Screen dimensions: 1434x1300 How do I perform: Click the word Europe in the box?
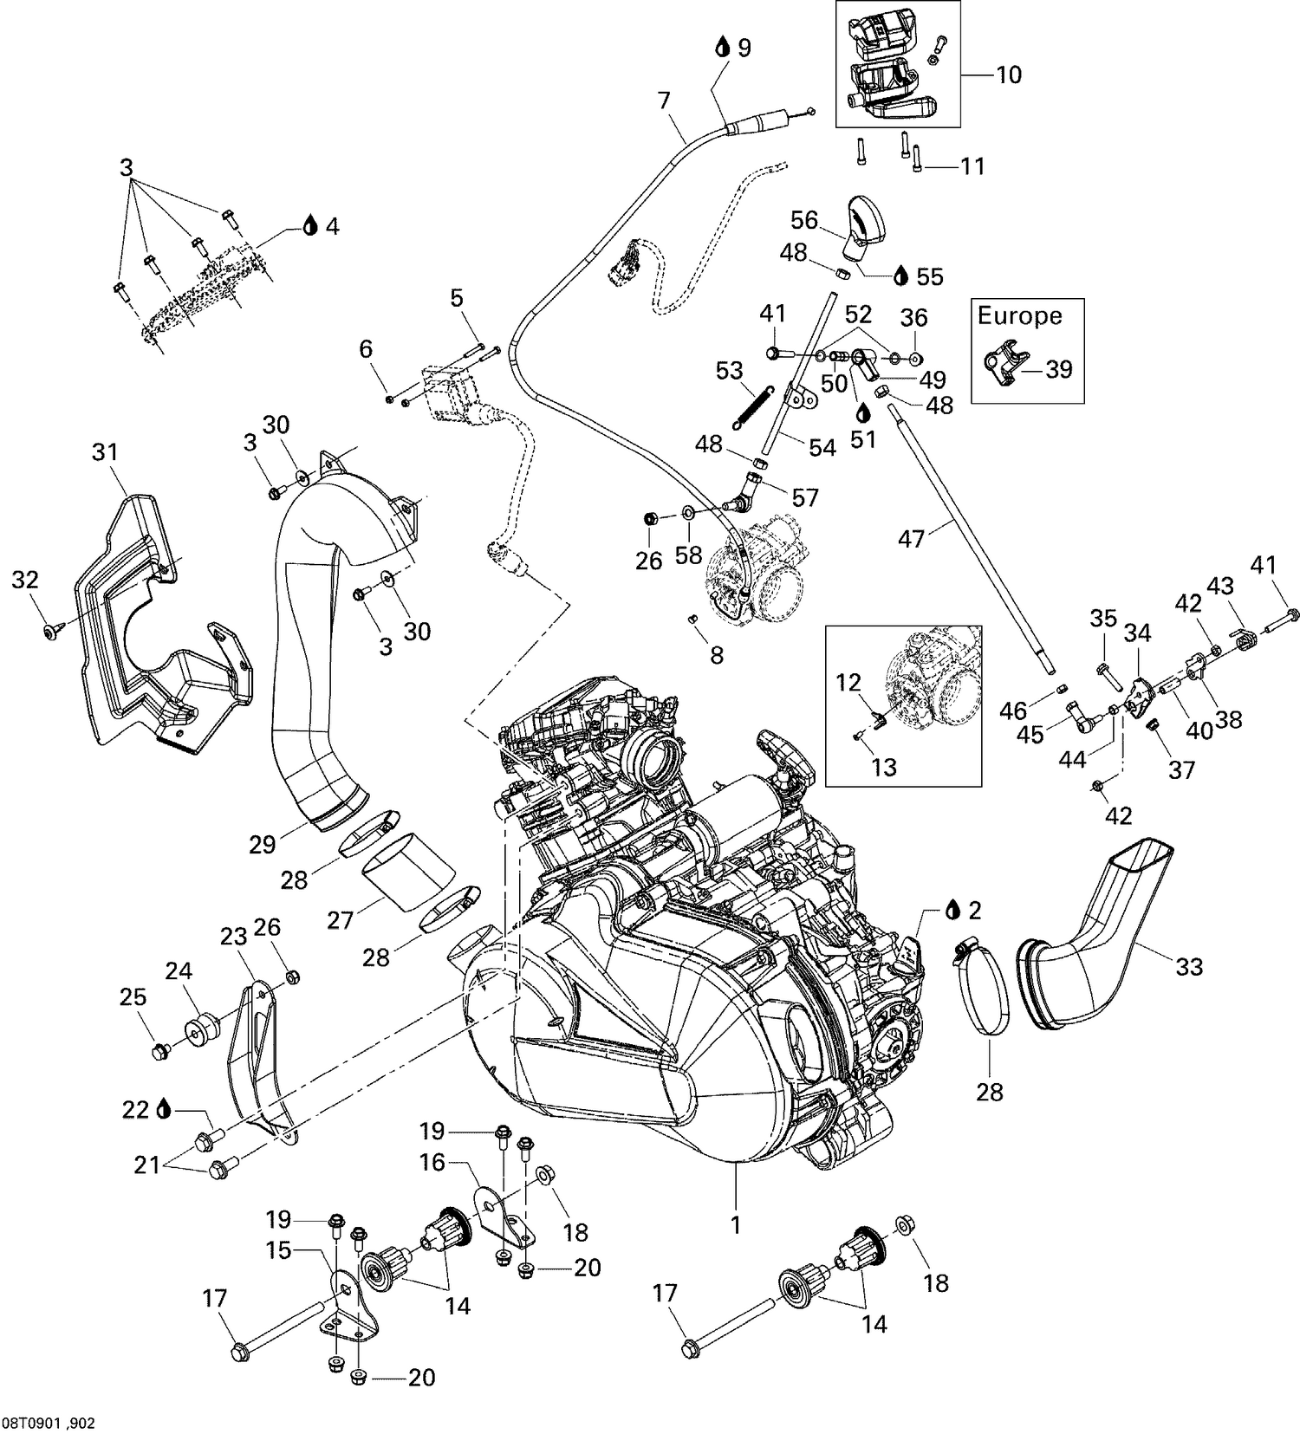pos(1019,315)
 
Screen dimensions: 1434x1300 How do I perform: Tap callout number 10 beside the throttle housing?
pos(1008,75)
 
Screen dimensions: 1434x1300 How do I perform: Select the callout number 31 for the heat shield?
pos(105,451)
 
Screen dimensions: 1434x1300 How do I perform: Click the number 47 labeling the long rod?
pos(911,540)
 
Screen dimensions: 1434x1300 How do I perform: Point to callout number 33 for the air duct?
pos(1189,965)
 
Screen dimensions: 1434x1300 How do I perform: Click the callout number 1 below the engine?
pos(736,1226)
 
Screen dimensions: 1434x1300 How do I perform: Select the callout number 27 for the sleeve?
pos(341,919)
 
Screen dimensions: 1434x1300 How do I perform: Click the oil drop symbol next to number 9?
pos(721,48)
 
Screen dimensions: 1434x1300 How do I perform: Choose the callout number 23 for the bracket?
pos(233,937)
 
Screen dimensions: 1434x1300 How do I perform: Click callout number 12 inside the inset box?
pos(849,684)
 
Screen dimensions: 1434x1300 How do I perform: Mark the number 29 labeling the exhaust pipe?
pos(263,844)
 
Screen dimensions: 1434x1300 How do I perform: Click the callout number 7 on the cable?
pos(664,101)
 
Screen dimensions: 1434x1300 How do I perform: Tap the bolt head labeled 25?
pos(158,1052)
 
